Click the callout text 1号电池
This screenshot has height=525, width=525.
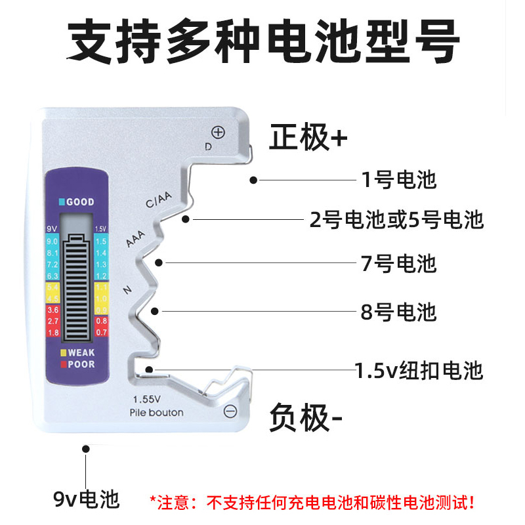398,179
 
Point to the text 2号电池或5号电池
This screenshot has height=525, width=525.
396,219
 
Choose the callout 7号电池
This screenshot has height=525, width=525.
398,263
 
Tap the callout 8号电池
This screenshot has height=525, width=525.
398,311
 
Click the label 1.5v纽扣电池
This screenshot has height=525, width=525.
419,370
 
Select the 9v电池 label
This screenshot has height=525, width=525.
87,500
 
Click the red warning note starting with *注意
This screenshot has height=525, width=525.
312,503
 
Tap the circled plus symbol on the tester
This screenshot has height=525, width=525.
219,133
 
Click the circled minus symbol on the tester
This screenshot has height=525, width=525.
230,411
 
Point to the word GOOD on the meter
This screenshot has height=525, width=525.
79,202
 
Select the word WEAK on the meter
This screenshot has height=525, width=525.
81,353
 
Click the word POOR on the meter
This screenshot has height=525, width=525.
81,364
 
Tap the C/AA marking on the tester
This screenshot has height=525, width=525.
158,200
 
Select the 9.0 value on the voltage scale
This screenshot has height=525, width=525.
53,241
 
